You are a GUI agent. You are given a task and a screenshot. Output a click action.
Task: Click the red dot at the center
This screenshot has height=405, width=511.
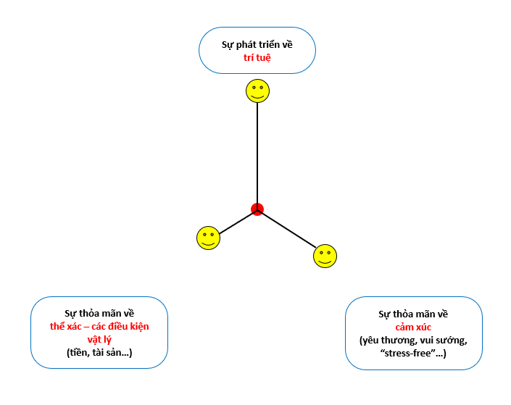tap(257, 209)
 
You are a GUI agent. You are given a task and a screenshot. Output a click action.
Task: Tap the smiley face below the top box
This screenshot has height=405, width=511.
tap(257, 91)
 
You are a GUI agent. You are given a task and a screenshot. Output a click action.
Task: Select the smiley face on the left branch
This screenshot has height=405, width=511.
tap(208, 238)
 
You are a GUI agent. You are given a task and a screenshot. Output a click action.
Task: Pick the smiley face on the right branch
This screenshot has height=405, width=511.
tap(325, 256)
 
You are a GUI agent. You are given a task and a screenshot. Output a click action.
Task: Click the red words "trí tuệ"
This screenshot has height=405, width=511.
tap(257, 57)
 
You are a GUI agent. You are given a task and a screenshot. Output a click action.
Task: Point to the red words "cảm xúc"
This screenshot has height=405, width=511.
tap(413, 327)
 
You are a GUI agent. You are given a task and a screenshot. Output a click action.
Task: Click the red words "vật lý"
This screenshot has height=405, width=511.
tap(99, 339)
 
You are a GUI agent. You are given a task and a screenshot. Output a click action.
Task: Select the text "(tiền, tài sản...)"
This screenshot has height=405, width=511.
tap(99, 352)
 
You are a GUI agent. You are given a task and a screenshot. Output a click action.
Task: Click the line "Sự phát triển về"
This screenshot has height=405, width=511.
tap(257, 44)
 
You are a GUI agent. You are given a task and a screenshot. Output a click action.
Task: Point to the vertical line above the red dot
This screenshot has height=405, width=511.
tap(257, 152)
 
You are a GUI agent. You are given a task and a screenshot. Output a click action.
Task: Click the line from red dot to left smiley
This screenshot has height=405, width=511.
tap(237, 221)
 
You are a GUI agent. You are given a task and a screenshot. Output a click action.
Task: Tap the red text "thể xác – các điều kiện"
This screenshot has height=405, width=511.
tap(99, 326)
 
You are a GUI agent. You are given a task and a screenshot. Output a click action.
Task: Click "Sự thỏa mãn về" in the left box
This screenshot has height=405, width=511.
tap(99, 313)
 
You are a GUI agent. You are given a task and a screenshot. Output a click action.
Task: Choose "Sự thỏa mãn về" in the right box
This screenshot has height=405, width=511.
tap(413, 314)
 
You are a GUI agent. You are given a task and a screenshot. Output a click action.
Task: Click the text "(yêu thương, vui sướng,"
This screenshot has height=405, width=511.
tap(413, 340)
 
